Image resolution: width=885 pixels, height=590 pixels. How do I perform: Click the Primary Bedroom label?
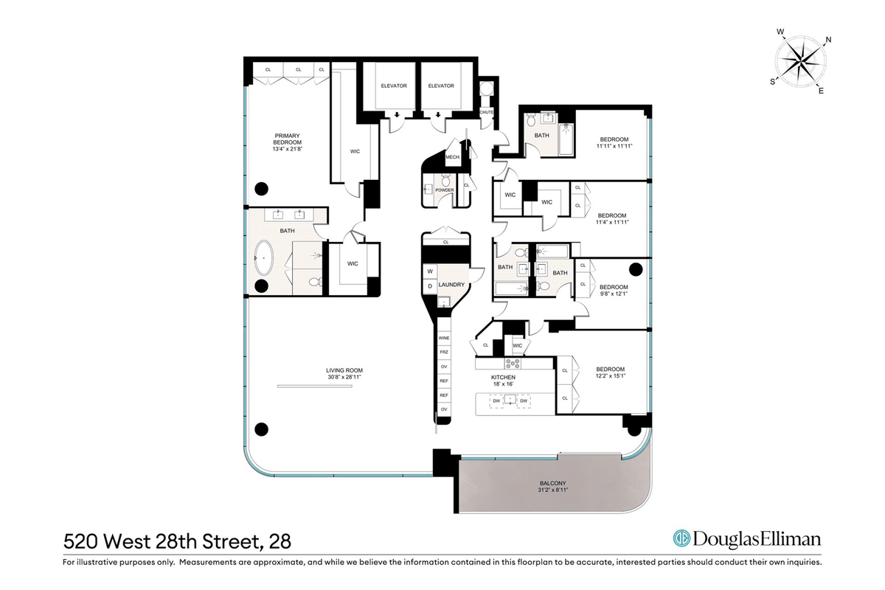287,139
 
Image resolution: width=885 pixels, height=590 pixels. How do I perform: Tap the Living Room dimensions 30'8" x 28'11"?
344,377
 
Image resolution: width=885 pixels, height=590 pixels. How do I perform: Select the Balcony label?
552,483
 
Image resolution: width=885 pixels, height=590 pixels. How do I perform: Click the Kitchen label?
503,377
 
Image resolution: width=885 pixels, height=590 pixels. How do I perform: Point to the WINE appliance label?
444,338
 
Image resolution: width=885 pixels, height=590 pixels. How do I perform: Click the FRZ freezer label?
444,352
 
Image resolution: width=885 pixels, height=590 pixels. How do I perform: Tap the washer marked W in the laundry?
430,271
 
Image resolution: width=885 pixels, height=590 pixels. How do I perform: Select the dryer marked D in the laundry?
430,286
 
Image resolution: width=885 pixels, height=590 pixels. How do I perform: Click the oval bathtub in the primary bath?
263,257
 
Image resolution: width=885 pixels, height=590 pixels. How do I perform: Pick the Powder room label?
445,190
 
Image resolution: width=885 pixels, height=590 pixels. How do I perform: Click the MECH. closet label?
453,157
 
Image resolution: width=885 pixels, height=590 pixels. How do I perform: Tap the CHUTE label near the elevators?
486,112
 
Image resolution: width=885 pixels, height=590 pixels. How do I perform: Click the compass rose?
800,62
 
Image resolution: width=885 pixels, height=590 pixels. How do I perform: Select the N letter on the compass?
828,40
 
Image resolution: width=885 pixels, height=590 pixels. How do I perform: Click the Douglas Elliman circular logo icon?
681,538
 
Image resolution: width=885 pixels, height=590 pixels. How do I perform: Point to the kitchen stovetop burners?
512,363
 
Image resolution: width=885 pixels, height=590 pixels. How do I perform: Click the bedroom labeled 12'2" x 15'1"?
611,372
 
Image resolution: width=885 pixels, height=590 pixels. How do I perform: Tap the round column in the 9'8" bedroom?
635,269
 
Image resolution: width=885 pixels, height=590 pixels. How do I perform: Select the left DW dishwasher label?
496,400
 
